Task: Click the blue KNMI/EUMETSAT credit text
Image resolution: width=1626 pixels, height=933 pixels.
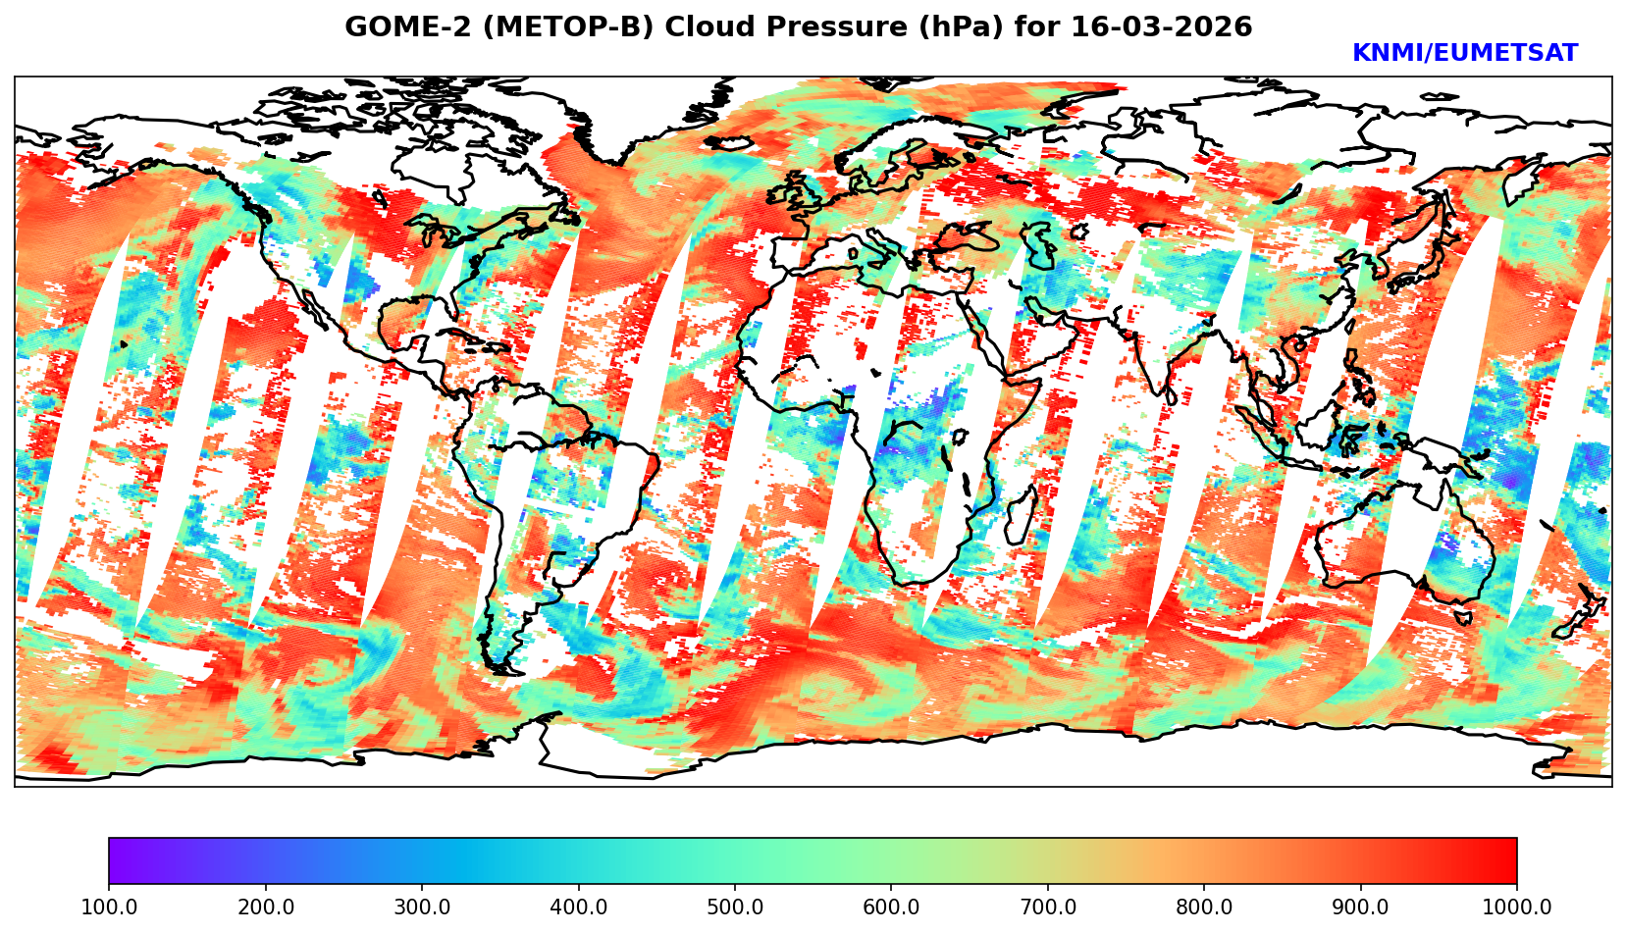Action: coord(1464,54)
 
